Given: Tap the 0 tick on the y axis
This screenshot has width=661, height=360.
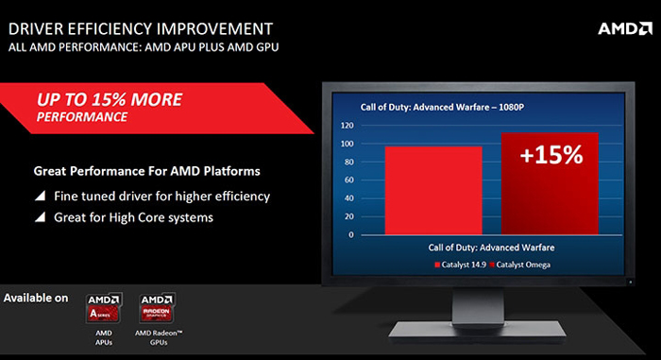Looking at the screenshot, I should [x=351, y=235].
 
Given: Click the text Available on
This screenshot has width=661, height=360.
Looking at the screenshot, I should [x=37, y=299].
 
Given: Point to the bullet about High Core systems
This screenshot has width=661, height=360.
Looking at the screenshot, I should [x=123, y=216].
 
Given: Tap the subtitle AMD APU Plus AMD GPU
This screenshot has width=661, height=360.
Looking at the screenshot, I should [x=144, y=44].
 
